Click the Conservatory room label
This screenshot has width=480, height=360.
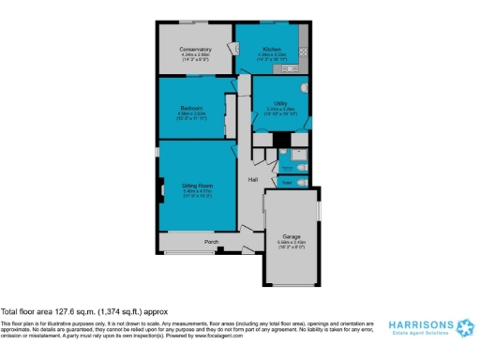[x=196, y=49]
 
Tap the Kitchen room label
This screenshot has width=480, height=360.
[x=271, y=48]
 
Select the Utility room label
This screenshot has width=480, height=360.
[x=280, y=103]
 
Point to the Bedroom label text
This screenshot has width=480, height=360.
[x=191, y=109]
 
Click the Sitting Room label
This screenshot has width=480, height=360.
[x=196, y=187]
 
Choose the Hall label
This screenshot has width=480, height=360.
[x=252, y=178]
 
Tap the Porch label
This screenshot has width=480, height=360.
[x=212, y=242]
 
